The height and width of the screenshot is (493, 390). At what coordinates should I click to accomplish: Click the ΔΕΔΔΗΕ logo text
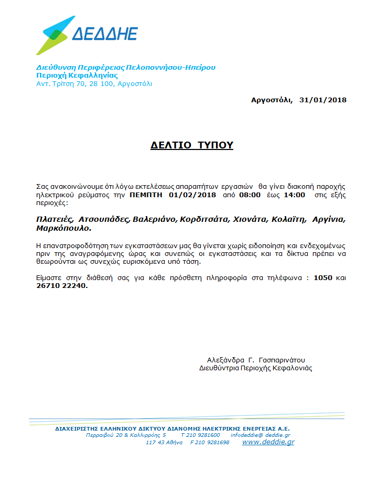(x=104, y=34)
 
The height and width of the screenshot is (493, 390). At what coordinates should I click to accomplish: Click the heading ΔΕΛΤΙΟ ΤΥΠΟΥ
(x=191, y=145)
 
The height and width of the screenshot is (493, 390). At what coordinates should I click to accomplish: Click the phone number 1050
(x=323, y=278)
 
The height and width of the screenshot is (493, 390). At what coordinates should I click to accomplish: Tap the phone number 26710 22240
(x=61, y=286)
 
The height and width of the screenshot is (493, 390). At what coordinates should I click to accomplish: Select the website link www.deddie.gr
(x=268, y=442)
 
